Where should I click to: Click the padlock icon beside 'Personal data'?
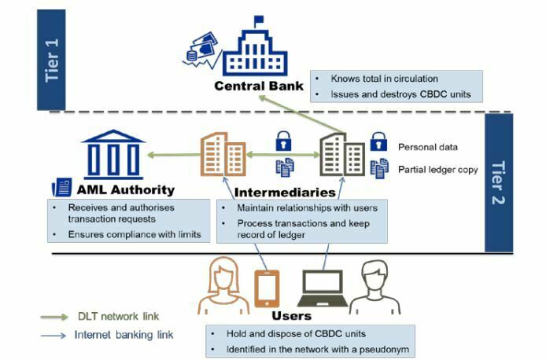point(379,143)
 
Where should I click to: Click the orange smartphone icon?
point(267,287)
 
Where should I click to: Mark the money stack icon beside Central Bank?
point(201,50)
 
